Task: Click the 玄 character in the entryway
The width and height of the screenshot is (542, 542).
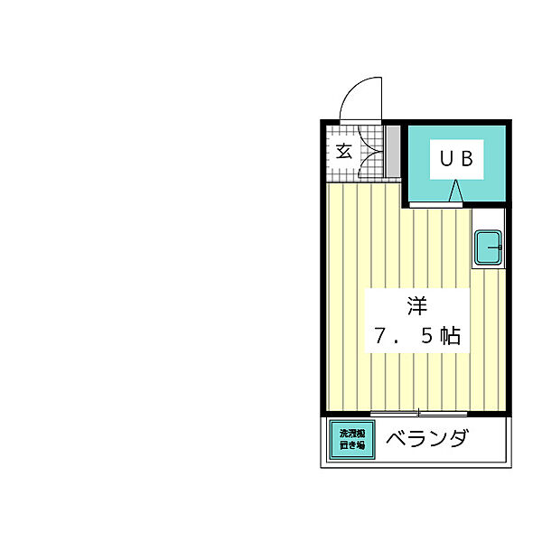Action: [x=344, y=151]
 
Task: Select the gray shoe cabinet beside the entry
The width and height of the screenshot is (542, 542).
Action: [x=392, y=151]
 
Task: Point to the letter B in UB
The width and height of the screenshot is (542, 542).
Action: [x=467, y=159]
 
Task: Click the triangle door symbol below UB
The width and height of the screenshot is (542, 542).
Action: [x=455, y=192]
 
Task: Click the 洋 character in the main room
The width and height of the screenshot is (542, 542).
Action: [x=416, y=307]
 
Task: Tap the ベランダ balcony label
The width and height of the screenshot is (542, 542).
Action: [x=427, y=440]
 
